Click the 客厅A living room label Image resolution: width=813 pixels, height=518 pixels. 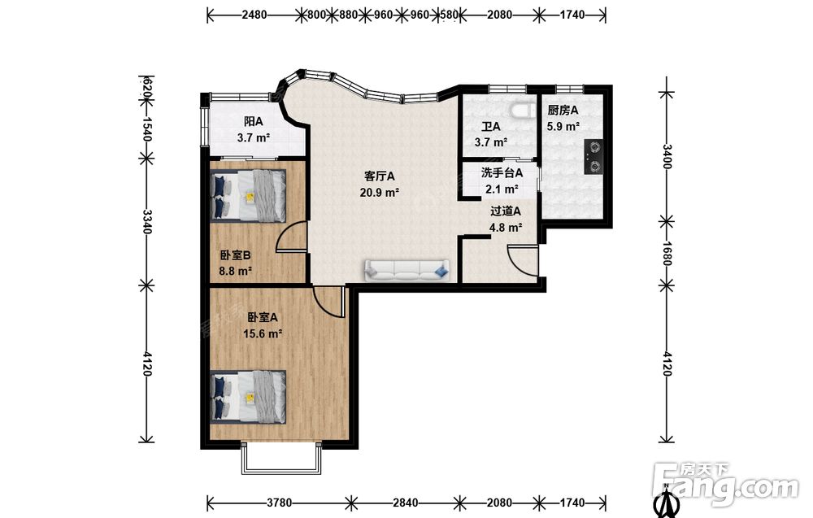[380, 176]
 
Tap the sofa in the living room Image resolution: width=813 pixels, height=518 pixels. [407, 270]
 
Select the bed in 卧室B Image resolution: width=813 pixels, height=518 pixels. [249, 196]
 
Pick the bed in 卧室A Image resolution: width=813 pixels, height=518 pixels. [249, 397]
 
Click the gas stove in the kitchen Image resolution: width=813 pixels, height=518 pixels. [593, 157]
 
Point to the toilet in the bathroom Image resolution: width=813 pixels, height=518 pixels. [522, 111]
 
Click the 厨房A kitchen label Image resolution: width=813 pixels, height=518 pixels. [563, 111]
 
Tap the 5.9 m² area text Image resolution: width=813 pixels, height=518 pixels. [563, 127]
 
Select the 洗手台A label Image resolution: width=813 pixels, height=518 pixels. [502, 172]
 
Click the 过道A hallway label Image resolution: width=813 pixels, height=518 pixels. [506, 211]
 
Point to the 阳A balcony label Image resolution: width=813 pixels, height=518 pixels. [254, 122]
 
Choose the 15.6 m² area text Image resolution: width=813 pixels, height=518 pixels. [263, 333]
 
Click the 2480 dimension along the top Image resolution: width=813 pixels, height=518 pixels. [254, 15]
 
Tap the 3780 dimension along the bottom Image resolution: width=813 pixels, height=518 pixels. [279, 503]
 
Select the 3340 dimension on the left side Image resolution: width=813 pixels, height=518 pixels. [147, 221]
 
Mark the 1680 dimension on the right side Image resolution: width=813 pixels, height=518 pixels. [667, 254]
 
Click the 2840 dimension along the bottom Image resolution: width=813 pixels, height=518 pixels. [405, 503]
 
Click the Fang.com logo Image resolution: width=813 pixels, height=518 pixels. [726, 483]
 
